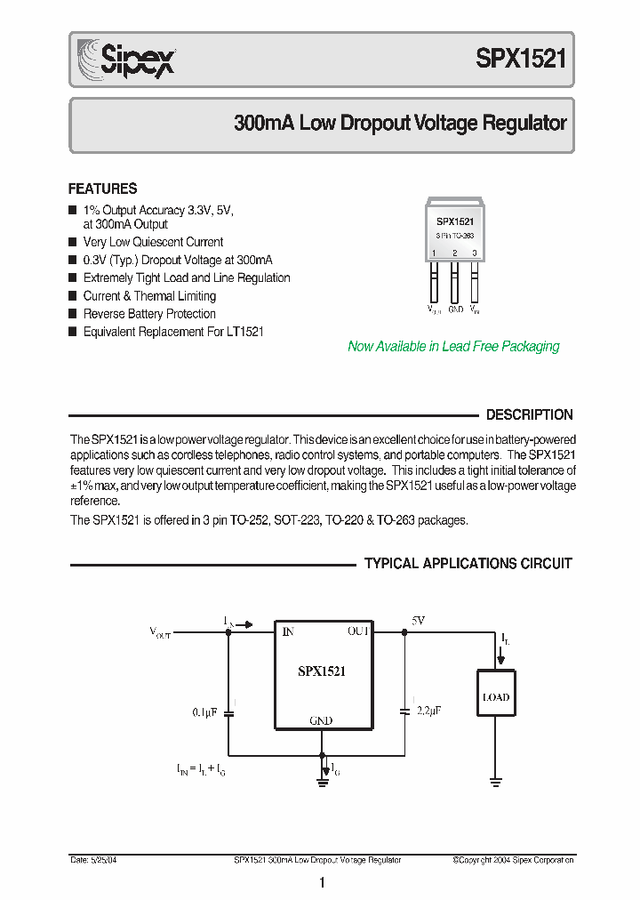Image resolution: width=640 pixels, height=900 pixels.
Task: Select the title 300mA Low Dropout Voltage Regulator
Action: click(x=400, y=124)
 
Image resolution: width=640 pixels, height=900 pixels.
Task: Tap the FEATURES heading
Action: click(x=103, y=189)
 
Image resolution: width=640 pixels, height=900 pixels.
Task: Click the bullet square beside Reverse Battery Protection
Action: click(x=73, y=314)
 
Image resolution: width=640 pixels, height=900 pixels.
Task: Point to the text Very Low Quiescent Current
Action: click(x=153, y=242)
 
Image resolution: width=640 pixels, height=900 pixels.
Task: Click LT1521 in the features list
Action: click(x=244, y=332)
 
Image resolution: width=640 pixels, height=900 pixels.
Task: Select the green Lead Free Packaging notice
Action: click(x=453, y=347)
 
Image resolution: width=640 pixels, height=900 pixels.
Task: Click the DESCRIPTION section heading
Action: click(x=529, y=414)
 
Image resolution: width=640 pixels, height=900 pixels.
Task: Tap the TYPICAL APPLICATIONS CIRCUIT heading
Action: click(x=468, y=564)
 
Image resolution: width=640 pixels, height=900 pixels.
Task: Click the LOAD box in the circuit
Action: click(x=496, y=697)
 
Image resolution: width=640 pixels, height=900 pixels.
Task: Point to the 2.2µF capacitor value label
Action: click(x=428, y=711)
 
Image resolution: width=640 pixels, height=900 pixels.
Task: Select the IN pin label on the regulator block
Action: click(x=287, y=632)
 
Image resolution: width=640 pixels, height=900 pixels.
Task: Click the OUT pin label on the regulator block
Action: click(x=358, y=631)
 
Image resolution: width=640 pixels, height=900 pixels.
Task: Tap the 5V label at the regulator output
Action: click(x=418, y=620)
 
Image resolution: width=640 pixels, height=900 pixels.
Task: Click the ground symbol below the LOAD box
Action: click(x=496, y=783)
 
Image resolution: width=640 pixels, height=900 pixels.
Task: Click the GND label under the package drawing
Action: click(x=455, y=309)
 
